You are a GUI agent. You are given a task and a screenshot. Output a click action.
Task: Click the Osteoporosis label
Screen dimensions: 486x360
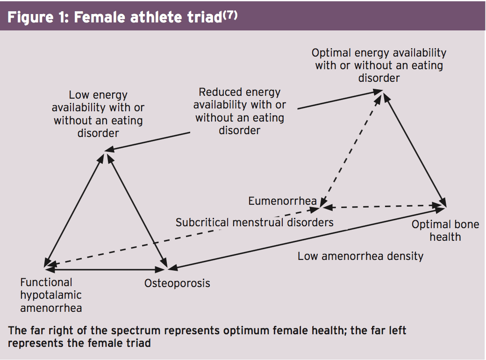click(x=177, y=283)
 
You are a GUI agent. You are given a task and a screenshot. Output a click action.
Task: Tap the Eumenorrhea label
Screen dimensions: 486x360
click(x=282, y=201)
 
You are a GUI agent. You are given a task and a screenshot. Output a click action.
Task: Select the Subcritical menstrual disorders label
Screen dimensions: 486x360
click(x=255, y=223)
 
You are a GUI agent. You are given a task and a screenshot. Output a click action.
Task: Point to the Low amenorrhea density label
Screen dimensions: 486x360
click(x=360, y=256)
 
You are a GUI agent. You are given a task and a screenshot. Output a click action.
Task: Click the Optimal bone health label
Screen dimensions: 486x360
click(x=445, y=230)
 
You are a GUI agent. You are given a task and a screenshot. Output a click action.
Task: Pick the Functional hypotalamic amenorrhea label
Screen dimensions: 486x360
click(x=51, y=295)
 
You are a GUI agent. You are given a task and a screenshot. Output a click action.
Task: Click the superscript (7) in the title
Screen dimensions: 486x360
click(x=230, y=14)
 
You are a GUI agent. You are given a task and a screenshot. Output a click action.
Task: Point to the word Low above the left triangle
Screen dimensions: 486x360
click(x=79, y=94)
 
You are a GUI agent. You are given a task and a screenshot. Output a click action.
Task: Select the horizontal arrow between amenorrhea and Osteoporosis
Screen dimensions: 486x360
click(x=106, y=270)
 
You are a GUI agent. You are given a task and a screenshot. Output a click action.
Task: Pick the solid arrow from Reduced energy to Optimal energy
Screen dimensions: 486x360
click(x=340, y=100)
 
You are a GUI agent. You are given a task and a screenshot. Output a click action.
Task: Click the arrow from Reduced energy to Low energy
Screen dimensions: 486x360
click(x=147, y=142)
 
